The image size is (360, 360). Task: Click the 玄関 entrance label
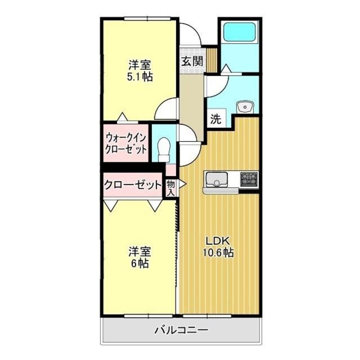(x=192, y=60)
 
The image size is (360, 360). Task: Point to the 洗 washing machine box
(x=216, y=120)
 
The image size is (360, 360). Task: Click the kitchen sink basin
(x=217, y=181)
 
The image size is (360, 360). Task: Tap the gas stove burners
(x=249, y=179)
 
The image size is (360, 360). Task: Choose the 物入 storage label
(x=171, y=187)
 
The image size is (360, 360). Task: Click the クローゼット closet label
(x=133, y=185)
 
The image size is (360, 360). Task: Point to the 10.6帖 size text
(x=218, y=252)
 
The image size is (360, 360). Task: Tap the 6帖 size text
(x=139, y=263)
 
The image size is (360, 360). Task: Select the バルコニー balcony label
(x=181, y=329)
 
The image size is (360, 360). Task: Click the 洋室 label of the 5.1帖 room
(x=139, y=66)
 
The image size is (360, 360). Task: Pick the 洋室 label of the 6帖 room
(x=139, y=252)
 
